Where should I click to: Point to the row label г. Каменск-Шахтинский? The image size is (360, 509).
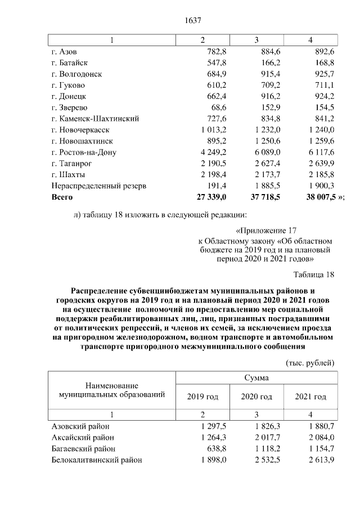pyautogui.click(x=95, y=119)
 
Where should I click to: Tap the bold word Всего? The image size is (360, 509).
pyautogui.click(x=62, y=197)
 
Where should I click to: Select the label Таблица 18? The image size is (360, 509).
pyautogui.click(x=314, y=274)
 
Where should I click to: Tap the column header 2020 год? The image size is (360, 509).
pyautogui.click(x=256, y=397)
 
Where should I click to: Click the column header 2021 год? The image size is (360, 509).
pyautogui.click(x=310, y=397)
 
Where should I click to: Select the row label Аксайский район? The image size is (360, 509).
pyautogui.click(x=83, y=437)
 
